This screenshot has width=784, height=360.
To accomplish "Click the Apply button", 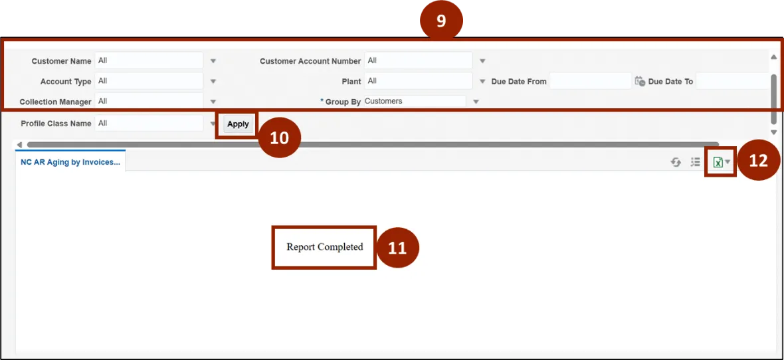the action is pos(238,124).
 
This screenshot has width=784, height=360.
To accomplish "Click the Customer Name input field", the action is pos(149,60).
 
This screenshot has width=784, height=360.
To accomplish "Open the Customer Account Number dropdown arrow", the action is pos(482,61).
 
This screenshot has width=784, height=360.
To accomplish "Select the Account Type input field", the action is pos(149,80).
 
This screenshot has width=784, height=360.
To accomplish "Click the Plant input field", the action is pos(419,80).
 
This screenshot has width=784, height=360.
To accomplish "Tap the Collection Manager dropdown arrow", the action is pos(213,102).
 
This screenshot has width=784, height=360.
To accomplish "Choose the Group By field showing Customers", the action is pos(415,101).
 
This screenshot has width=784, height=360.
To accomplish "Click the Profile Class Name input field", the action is pos(149,123).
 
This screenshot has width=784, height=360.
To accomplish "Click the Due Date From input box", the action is pos(591,80).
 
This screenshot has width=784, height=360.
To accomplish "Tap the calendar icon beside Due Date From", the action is pos(640,81).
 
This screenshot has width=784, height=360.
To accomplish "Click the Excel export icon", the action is pos(718,162).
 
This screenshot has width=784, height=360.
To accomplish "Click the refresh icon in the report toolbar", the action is pos(676,162).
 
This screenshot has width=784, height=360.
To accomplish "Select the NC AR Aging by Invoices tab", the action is pos(70,162).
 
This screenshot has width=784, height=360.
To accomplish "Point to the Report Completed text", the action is pos(324,247).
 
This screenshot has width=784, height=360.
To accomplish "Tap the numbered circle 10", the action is pos(280,138).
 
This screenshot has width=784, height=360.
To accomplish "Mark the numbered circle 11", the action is pos(397,248).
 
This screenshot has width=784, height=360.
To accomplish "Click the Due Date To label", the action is pos(670,82).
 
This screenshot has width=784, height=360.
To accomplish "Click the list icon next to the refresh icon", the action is pos(695,162).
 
